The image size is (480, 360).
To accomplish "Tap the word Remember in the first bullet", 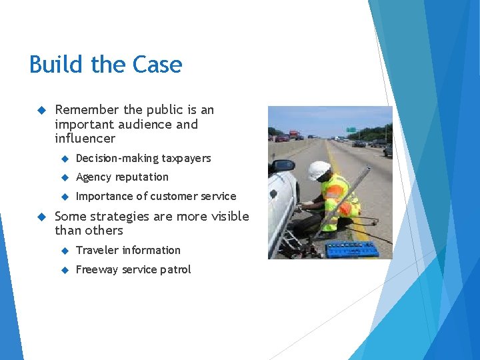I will pyautogui.click(x=87, y=110).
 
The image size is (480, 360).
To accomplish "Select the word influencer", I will pyautogui.click(x=85, y=139).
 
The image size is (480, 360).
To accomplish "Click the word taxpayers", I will pyautogui.click(x=186, y=159).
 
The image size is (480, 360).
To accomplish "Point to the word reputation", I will pyautogui.click(x=142, y=177).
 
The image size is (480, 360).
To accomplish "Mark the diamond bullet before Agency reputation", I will pyautogui.click(x=65, y=177).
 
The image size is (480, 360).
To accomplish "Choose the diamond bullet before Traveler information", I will pyautogui.click(x=65, y=251).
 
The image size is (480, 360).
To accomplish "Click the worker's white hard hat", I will pyautogui.click(x=319, y=169).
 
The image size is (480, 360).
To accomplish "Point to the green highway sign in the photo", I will pyautogui.click(x=351, y=129).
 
